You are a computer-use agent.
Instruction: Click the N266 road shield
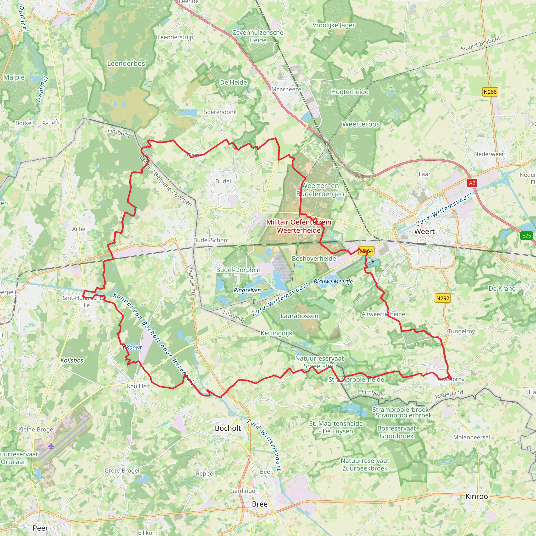point(490,92)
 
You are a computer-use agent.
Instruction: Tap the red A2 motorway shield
point(472,183)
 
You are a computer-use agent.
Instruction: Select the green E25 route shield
point(526,236)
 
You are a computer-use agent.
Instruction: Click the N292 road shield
point(443,298)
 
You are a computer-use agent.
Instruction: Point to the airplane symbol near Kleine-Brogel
point(51,446)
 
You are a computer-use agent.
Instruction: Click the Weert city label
point(424,231)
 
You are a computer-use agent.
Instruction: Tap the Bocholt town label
point(228,428)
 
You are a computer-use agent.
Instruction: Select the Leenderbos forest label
point(126,63)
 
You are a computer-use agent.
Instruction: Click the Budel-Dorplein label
point(238,270)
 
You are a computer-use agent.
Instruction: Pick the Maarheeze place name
point(286,89)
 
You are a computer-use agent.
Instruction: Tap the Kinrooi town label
point(477,496)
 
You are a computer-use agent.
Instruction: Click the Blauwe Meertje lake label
point(333,281)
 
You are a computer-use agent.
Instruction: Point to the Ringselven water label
point(247,290)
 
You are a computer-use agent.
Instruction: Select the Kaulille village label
point(137,386)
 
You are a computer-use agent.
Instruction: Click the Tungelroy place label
point(461,331)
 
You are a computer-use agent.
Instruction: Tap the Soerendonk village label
point(220,112)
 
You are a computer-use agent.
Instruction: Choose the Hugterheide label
point(350,92)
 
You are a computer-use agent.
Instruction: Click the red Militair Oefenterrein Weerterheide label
point(299,226)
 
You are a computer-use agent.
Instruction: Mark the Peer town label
point(40,528)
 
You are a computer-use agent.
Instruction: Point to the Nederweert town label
point(490,154)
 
